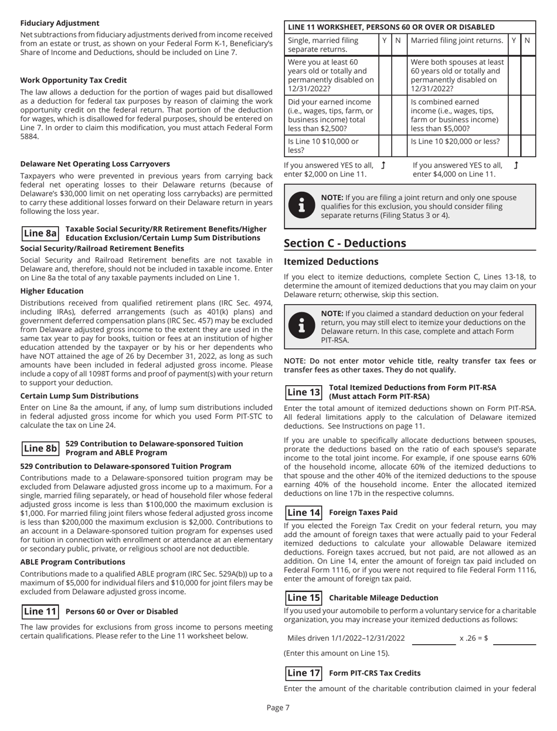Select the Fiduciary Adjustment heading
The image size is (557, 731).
pos(60,23)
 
